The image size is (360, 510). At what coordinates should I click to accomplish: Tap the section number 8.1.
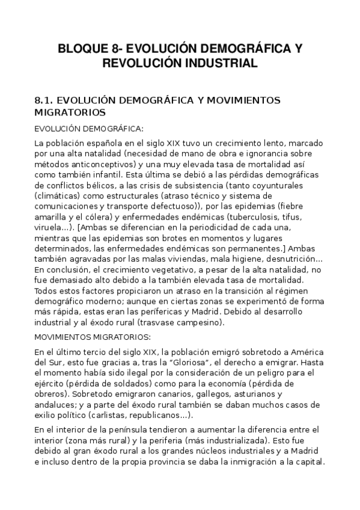coord(47,100)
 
